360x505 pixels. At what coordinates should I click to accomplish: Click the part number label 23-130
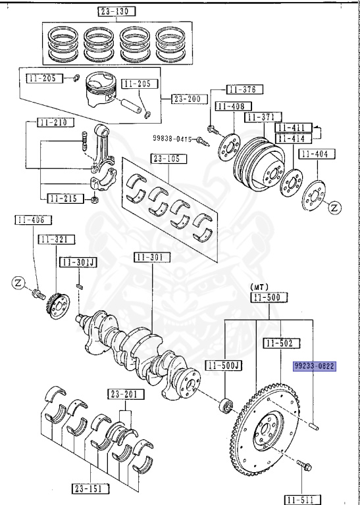[x=115, y=12]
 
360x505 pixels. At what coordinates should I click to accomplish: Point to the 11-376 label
[x=245, y=89]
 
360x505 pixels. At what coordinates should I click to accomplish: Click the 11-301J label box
[x=79, y=262]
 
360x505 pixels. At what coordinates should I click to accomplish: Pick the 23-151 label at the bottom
[x=90, y=488]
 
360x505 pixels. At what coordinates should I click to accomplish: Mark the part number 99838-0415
[x=172, y=139]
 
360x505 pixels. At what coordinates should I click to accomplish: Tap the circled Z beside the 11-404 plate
[x=336, y=208]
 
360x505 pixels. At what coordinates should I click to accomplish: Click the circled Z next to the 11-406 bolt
[x=18, y=283]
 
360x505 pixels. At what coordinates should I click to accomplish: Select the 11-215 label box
[x=65, y=197]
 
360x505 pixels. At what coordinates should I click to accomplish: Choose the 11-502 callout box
[x=283, y=343]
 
